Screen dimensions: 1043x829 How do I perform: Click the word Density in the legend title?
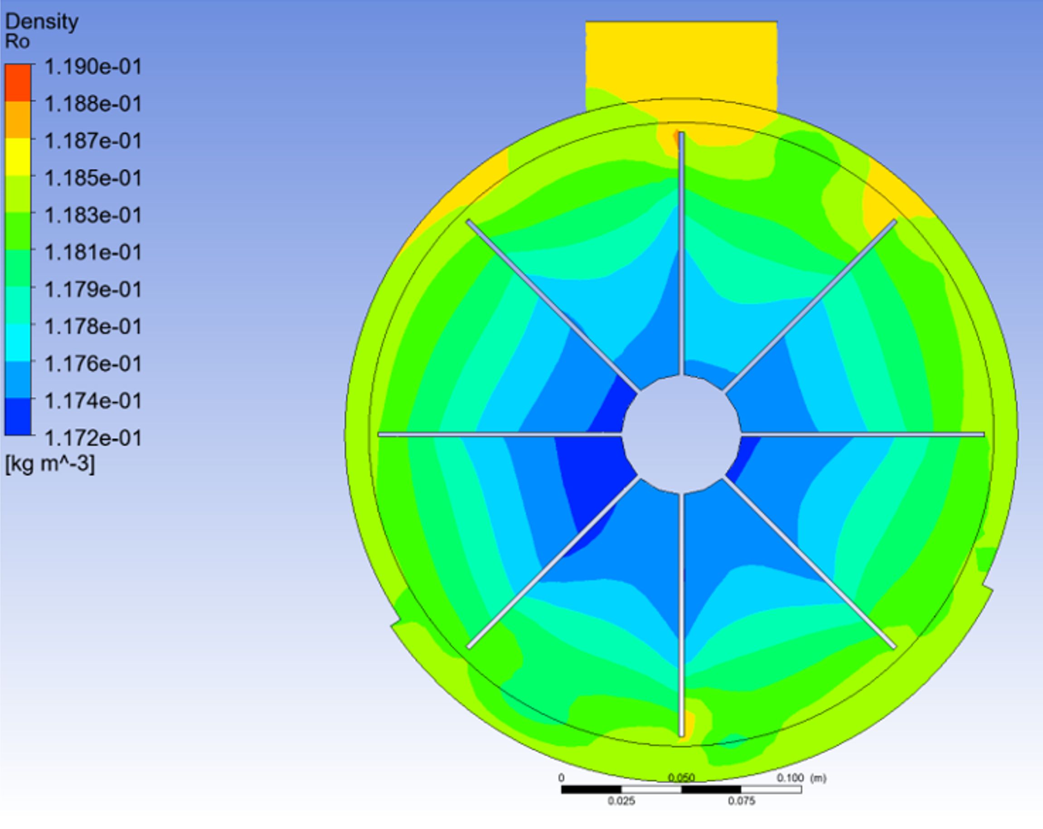tap(42, 22)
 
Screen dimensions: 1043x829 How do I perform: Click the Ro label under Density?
tap(17, 42)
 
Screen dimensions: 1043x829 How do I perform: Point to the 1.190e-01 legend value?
tap(93, 67)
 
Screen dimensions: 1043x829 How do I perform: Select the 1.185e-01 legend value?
tap(93, 178)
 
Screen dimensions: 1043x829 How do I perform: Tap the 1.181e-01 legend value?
tap(93, 252)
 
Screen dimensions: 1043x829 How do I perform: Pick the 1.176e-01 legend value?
tap(93, 364)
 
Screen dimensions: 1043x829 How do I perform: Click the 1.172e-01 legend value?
tap(93, 438)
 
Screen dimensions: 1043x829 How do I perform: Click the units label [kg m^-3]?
tap(50, 464)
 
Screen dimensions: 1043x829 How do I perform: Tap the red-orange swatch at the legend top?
tap(19, 82)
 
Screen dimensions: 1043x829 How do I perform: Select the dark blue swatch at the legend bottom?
tap(19, 417)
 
